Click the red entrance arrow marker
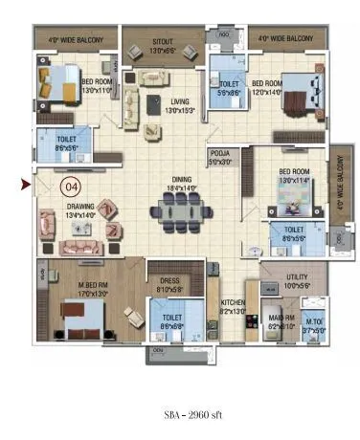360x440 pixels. pyautogui.click(x=26, y=184)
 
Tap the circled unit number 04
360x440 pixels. pyautogui.click(x=70, y=187)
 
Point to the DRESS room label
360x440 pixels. pyautogui.click(x=169, y=281)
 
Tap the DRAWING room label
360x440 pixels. pyautogui.click(x=80, y=207)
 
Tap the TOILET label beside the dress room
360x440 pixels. pyautogui.click(x=172, y=318)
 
